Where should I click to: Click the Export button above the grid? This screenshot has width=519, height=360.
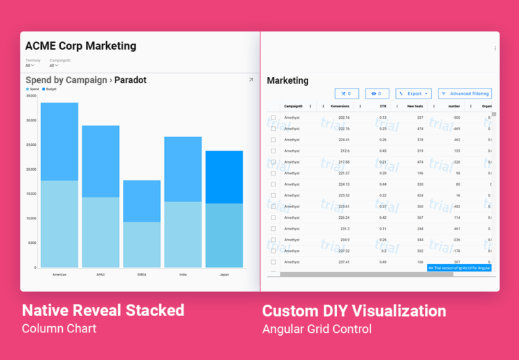click(414, 94)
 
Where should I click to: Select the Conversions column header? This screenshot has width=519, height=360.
click(340, 106)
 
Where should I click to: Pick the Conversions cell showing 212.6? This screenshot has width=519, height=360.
click(345, 151)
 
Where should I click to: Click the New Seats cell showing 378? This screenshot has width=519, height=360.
click(420, 140)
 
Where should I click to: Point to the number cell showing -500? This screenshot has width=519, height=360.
click(456, 118)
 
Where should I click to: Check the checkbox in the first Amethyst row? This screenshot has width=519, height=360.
click(273, 118)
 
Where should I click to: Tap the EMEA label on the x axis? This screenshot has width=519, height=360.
click(142, 275)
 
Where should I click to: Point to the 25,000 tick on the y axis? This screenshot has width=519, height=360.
click(31, 145)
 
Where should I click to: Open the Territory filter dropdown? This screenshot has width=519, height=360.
click(30, 66)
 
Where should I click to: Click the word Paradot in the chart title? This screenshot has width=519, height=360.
click(130, 80)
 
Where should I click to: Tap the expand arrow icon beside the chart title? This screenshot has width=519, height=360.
click(251, 80)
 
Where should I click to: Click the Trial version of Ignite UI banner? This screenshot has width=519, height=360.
click(460, 268)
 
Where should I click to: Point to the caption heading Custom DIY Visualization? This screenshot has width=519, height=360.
click(354, 311)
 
